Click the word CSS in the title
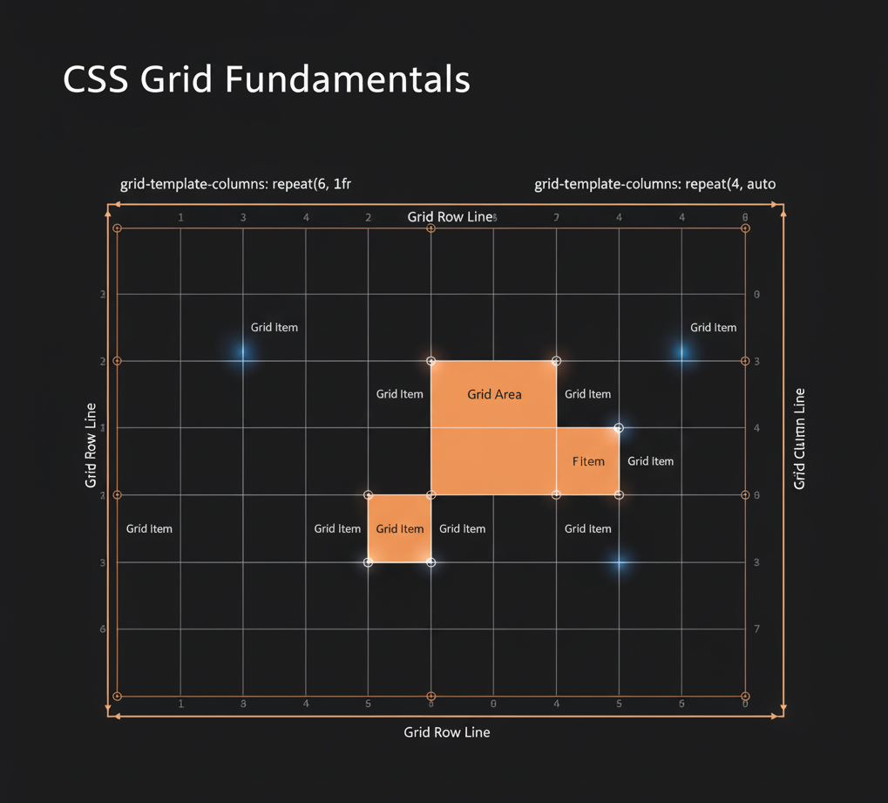95,79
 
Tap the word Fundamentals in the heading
348,79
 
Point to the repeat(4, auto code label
730,184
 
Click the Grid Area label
494,394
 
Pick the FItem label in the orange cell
588,461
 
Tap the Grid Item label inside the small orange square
399,528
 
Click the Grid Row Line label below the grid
446,732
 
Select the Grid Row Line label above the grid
450,216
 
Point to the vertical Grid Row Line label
91,445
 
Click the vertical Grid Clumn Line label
799,439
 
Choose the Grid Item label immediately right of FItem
650,461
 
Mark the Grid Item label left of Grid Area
399,394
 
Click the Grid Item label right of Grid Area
587,394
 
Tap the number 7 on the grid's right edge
756,629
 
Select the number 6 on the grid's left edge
103,629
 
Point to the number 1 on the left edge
103,428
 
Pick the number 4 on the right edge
756,428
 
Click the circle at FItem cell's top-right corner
619,428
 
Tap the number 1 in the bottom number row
180,703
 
